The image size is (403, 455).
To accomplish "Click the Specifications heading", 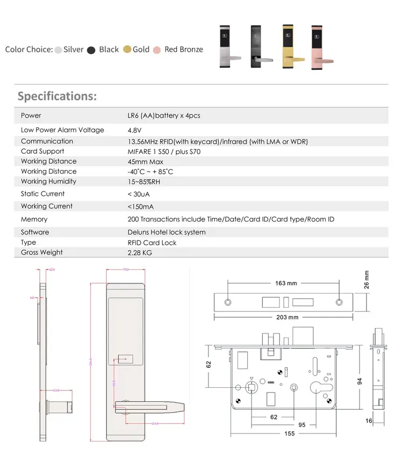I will pos(57,96).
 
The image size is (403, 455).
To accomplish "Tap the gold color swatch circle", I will pos(127,49).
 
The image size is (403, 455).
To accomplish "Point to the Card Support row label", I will pos(42,152).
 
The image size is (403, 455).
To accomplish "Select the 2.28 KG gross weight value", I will pos(140,253).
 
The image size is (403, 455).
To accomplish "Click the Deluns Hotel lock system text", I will pos(166,232).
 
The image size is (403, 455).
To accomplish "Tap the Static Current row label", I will pos(42,194).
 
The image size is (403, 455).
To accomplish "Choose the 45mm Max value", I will pos(145,161).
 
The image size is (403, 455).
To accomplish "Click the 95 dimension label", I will pos(302,425).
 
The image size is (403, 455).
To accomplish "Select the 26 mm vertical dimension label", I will pos(367,280).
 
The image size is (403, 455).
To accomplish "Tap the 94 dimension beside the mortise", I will pos(361,381).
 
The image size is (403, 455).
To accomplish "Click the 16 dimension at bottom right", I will pos(369,421).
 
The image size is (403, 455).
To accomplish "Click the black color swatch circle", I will pos(91,49).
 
